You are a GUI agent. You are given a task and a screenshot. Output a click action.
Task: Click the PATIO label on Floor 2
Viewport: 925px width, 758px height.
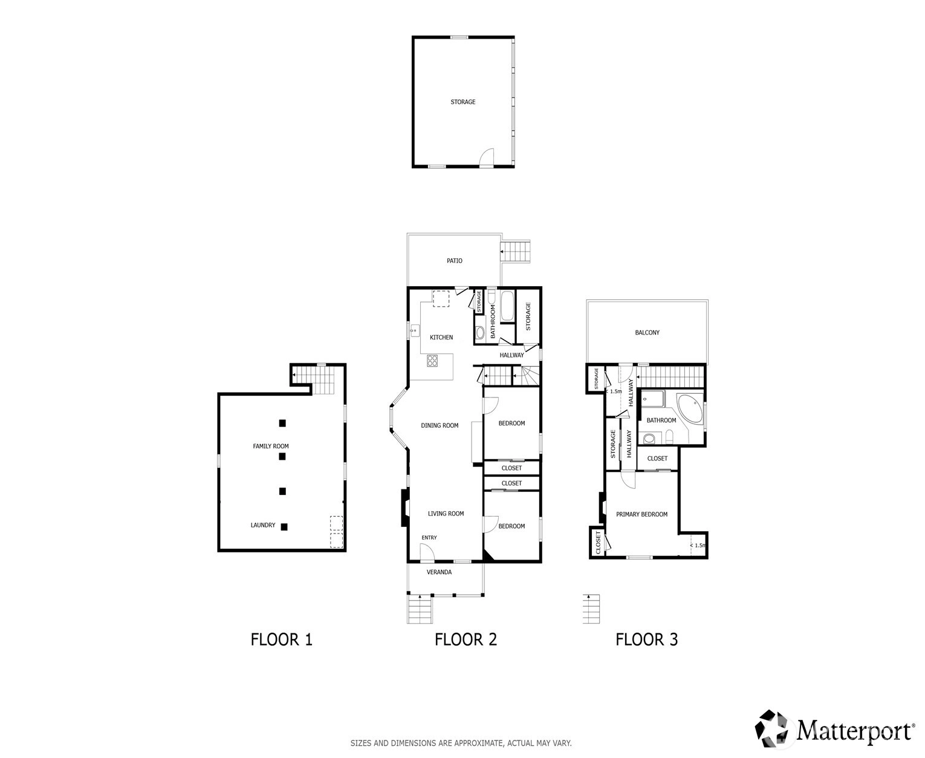[x=454, y=261]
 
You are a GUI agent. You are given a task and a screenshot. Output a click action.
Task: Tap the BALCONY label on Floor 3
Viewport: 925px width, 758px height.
[x=647, y=333]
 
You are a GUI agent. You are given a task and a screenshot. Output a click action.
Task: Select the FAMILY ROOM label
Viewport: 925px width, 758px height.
[x=271, y=446]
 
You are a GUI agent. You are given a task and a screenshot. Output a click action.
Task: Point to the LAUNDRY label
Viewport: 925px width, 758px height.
[x=263, y=525]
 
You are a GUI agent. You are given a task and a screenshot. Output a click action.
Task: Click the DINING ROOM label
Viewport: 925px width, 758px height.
[x=440, y=425]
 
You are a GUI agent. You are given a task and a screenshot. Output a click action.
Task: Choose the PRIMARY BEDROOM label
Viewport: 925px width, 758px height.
[x=641, y=514]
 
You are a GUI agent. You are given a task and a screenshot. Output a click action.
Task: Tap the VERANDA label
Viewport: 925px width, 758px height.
[x=439, y=572]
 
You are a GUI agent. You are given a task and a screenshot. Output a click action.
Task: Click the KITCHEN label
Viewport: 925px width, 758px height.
[x=441, y=337]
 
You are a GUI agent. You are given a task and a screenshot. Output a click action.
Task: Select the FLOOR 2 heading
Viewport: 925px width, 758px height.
[x=466, y=639]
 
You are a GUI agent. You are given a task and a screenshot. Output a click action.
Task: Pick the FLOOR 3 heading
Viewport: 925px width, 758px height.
[x=646, y=639]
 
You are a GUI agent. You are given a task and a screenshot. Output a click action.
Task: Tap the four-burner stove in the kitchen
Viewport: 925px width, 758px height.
[x=432, y=361]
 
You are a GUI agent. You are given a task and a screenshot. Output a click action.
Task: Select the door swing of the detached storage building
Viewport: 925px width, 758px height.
[x=487, y=157]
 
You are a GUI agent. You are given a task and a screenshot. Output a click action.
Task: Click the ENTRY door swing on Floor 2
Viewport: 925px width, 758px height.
[x=427, y=552]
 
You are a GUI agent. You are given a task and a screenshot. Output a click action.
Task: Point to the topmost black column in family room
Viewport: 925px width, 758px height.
[x=282, y=423]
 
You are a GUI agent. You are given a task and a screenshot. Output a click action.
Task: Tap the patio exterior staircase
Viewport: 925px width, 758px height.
[x=515, y=252]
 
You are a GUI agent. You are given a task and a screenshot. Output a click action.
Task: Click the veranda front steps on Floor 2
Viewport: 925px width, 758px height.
[x=420, y=609]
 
